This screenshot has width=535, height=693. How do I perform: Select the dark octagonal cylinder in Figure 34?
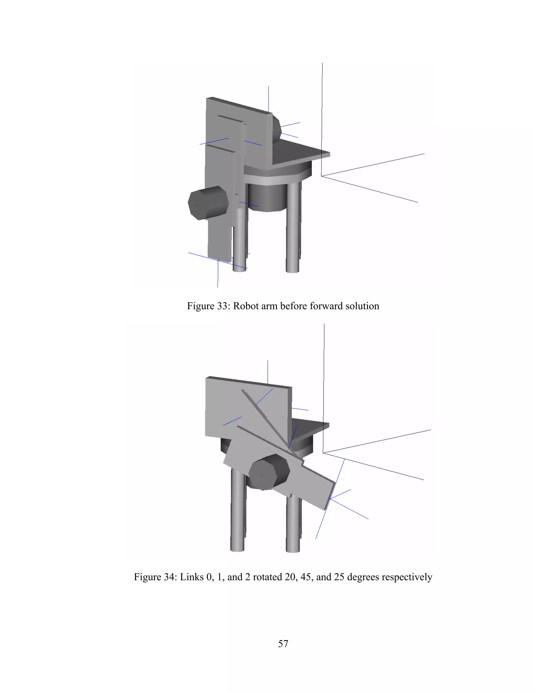coord(269,472)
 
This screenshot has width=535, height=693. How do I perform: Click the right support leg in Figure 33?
coord(293,229)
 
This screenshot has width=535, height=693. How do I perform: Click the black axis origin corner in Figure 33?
coord(321,175)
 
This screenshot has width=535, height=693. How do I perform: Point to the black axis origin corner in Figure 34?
coord(323,452)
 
